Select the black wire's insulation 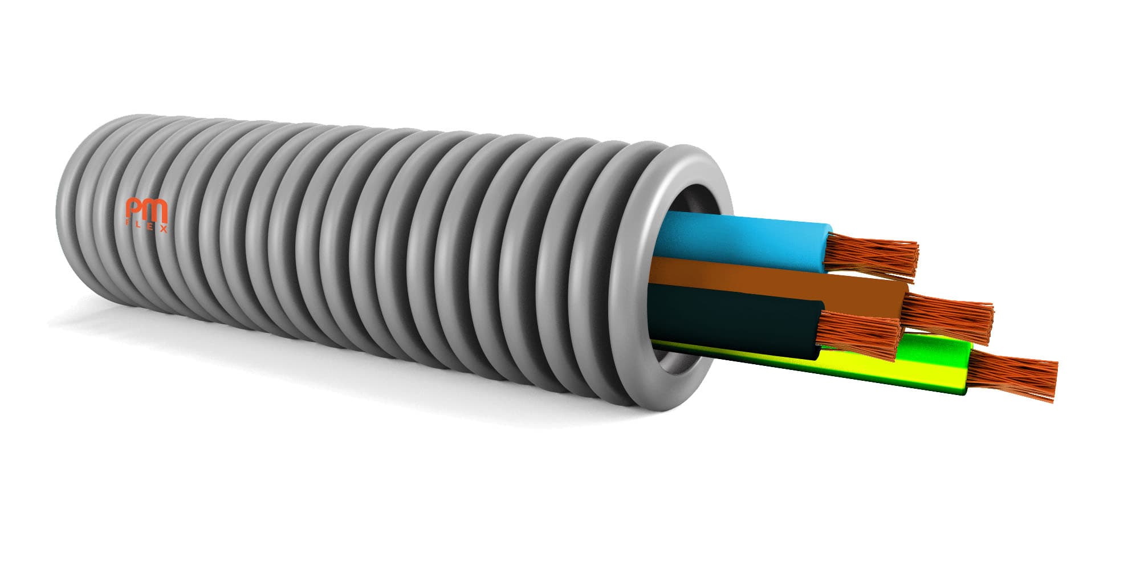point(735,325)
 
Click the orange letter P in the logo point(135,211)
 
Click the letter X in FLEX point(164,228)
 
